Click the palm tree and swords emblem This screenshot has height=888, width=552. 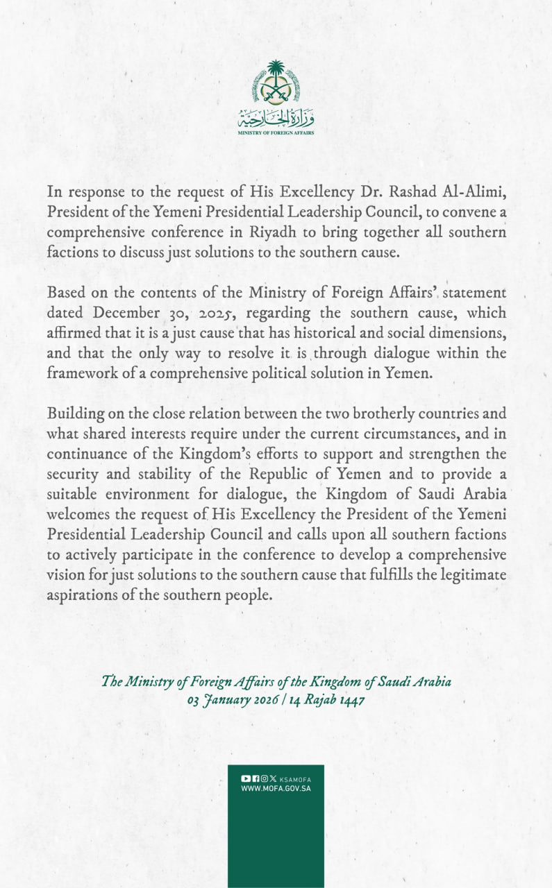pyautogui.click(x=276, y=82)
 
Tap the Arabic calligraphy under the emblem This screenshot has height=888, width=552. pyautogui.click(x=276, y=116)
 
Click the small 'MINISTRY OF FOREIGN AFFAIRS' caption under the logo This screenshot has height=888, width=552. pyautogui.click(x=276, y=132)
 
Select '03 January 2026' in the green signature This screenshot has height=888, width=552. pyautogui.click(x=231, y=700)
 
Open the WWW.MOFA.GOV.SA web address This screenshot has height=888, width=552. pyautogui.click(x=276, y=789)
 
